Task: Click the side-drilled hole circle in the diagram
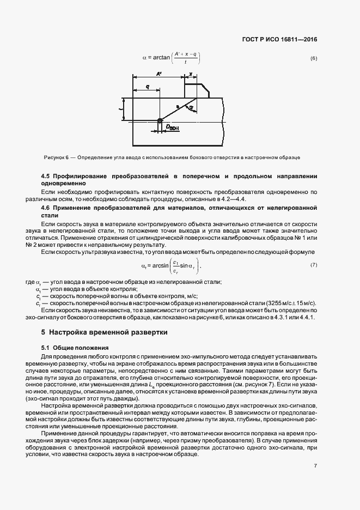[160, 121]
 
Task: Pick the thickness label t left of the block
[121, 109]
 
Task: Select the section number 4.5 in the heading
[47, 177]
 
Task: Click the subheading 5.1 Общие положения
[76, 348]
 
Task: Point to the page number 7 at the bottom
[316, 465]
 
